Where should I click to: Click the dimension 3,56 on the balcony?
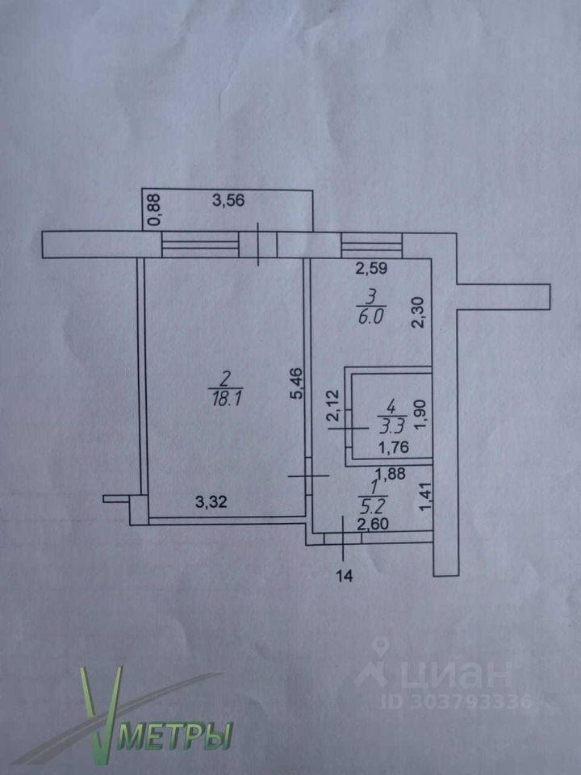point(228,201)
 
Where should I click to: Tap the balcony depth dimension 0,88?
point(155,209)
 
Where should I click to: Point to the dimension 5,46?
point(298,382)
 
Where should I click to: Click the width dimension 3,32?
point(211,502)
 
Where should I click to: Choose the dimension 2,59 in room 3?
point(371,269)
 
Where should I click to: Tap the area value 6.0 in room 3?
point(371,316)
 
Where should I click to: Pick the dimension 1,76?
point(393,447)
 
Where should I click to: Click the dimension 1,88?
point(390,474)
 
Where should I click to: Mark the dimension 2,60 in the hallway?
point(373,524)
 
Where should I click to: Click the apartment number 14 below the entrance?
point(345,576)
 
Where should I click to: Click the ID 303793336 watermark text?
point(457,702)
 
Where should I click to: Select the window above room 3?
point(371,245)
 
